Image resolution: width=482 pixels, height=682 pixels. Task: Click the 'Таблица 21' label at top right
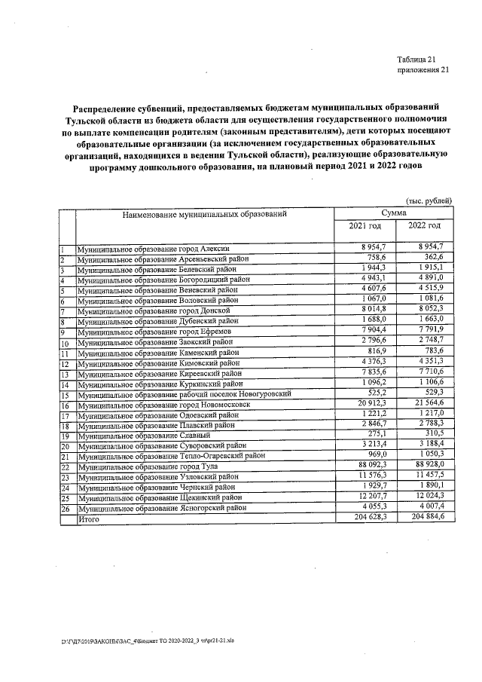(x=416, y=60)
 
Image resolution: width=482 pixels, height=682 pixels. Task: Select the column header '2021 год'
(x=364, y=226)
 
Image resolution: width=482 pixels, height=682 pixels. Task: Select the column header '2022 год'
(x=424, y=226)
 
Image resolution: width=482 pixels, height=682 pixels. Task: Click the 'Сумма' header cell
(x=394, y=214)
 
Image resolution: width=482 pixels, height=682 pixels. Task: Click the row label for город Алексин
(x=157, y=248)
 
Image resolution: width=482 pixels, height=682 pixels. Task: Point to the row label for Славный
(x=136, y=436)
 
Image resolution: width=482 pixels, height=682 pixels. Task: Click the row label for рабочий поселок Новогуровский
(x=185, y=394)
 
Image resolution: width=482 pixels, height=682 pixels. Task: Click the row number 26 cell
(x=66, y=509)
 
